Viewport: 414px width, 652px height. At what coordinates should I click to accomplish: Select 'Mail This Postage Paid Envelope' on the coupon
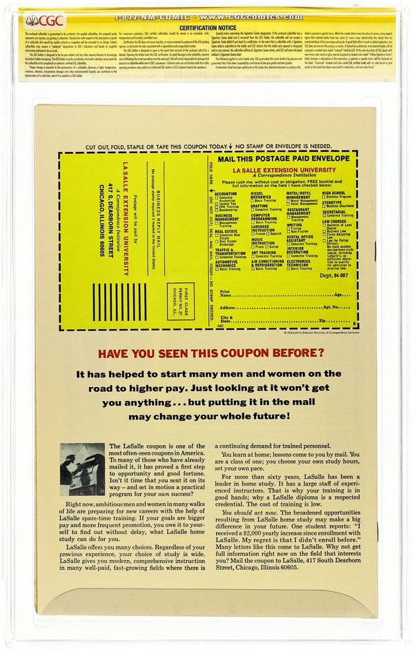(x=284, y=159)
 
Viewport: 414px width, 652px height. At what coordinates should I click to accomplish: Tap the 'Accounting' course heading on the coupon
(x=226, y=194)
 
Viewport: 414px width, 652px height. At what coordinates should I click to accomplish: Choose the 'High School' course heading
(x=334, y=194)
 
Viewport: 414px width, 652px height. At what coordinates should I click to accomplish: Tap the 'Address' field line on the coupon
(x=290, y=307)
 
